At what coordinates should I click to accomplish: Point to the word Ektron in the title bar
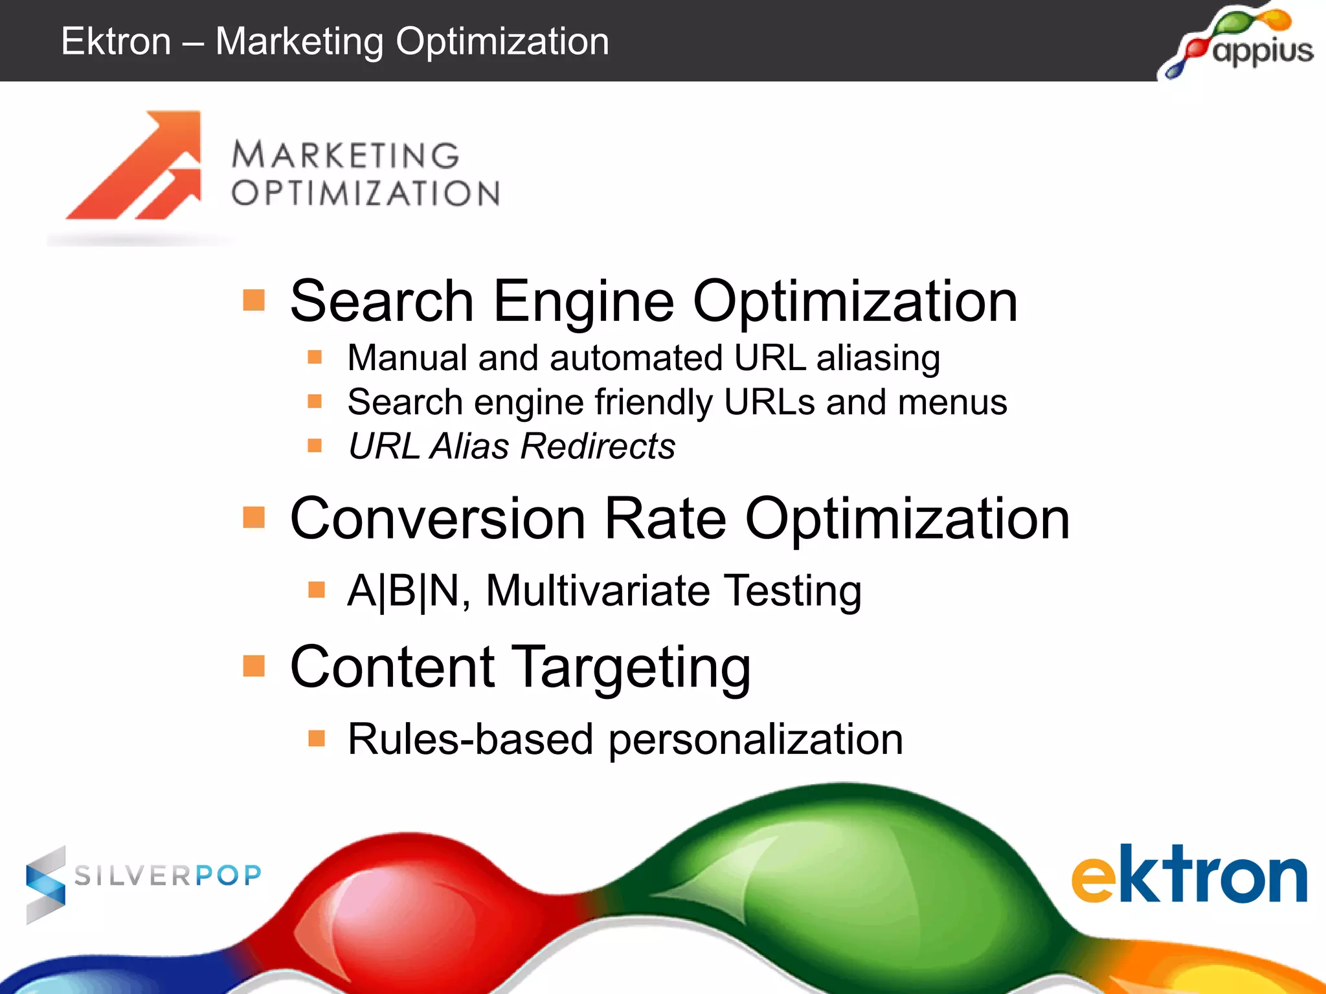pyautogui.click(x=116, y=41)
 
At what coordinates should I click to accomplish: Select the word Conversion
pyautogui.click(x=438, y=519)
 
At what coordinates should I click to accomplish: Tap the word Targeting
pyautogui.click(x=633, y=668)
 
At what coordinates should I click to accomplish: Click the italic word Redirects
pyautogui.click(x=598, y=447)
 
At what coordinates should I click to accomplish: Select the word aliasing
pyautogui.click(x=878, y=359)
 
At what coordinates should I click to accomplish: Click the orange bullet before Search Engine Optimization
pyautogui.click(x=254, y=300)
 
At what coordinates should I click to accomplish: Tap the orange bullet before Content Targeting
pyautogui.click(x=254, y=665)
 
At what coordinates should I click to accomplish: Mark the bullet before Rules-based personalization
pyautogui.click(x=316, y=738)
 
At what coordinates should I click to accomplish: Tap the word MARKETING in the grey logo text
pyautogui.click(x=346, y=155)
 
